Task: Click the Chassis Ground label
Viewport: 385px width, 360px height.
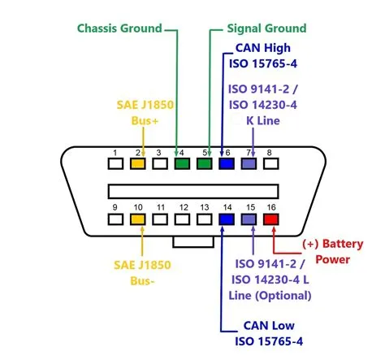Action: pyautogui.click(x=120, y=28)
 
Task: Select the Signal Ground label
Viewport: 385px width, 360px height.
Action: pyautogui.click(x=258, y=28)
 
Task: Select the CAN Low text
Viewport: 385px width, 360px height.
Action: pyautogui.click(x=257, y=325)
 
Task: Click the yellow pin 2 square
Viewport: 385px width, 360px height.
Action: pyautogui.click(x=138, y=164)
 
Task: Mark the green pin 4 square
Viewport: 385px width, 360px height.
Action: pyautogui.click(x=182, y=164)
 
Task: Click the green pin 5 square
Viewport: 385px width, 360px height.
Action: pyautogui.click(x=205, y=164)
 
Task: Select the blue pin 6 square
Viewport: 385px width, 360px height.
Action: pyautogui.click(x=227, y=164)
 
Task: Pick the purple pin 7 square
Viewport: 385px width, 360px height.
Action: pyautogui.click(x=249, y=164)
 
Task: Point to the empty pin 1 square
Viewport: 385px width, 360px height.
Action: pyautogui.click(x=116, y=164)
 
